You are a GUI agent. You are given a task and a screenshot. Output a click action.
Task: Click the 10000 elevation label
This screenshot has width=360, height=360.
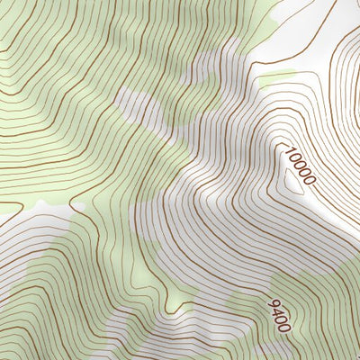299,166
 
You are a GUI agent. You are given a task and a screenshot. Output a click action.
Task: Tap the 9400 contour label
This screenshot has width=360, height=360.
279,315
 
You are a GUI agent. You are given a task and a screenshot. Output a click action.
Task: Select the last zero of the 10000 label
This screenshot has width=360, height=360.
309,180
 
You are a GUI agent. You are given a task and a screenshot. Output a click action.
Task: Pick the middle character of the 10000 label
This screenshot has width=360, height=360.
299,166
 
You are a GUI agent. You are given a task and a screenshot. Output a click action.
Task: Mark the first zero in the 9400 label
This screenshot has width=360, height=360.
281,319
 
